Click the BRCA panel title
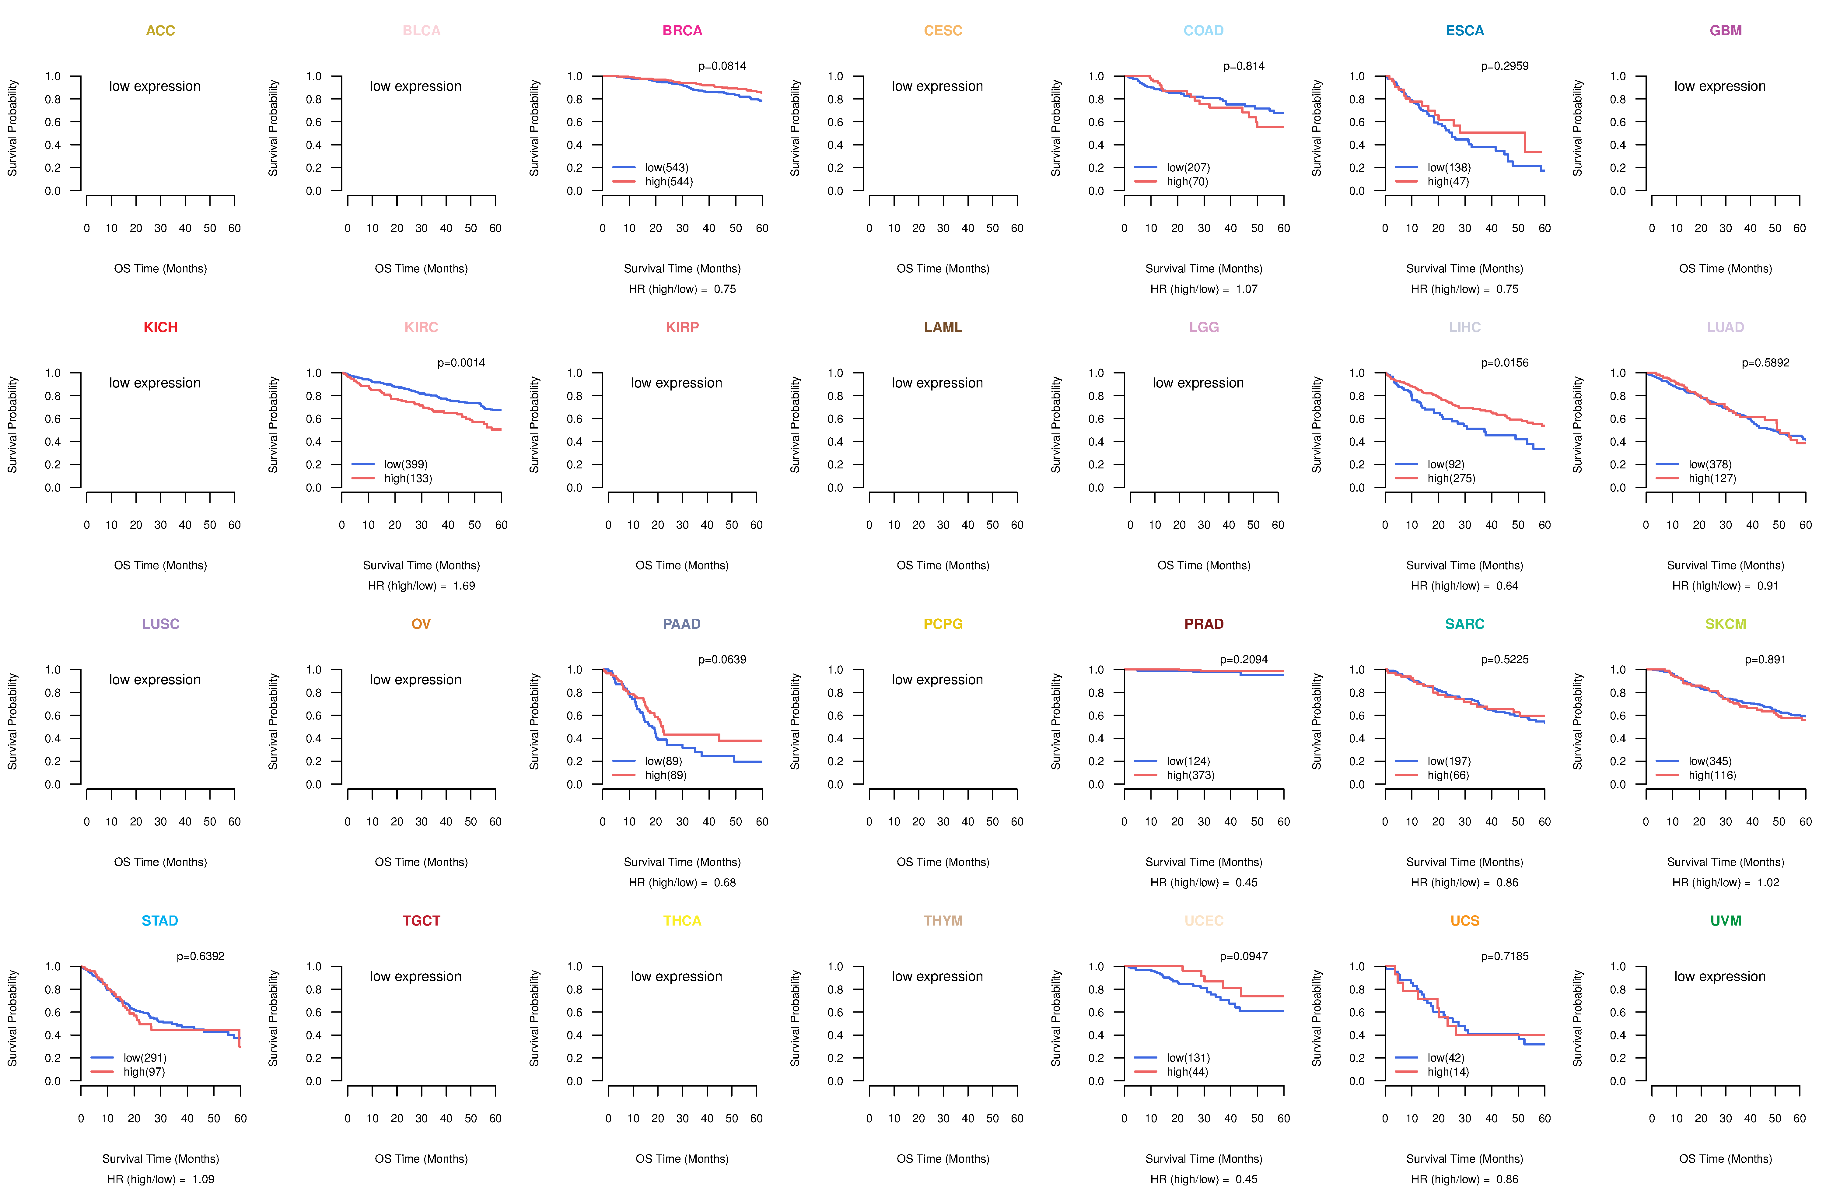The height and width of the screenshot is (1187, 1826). [x=682, y=31]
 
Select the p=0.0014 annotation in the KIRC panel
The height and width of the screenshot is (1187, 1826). [x=461, y=363]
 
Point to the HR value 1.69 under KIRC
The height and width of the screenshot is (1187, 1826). [x=464, y=586]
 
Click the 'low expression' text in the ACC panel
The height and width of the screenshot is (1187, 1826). [x=155, y=86]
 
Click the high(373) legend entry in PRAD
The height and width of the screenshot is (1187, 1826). [x=1190, y=775]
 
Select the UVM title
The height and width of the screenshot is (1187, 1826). [x=1726, y=921]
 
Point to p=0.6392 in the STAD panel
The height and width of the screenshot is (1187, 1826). [x=200, y=956]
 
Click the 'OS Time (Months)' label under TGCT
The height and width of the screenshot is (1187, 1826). [x=421, y=1159]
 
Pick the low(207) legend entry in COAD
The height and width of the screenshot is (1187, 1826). [x=1188, y=167]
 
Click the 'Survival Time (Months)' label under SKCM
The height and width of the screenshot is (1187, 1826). [x=1726, y=863]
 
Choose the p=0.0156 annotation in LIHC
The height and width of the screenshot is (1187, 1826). [x=1505, y=363]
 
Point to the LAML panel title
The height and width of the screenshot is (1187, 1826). [x=943, y=327]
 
